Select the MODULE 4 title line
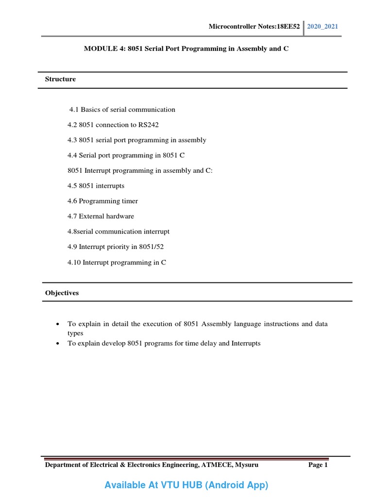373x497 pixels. click(183, 50)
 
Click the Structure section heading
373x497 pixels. click(60, 79)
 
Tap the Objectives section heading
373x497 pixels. click(62, 293)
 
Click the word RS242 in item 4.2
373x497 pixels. click(149, 125)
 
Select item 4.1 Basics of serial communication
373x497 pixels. click(122, 110)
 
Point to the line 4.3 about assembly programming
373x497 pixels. click(136, 140)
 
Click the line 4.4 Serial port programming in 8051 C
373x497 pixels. click(126, 155)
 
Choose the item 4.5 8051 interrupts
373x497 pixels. click(96, 186)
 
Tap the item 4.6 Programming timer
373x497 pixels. click(102, 201)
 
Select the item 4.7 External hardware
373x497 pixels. click(101, 216)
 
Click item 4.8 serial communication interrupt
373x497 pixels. click(119, 232)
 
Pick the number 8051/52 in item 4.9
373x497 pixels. click(151, 247)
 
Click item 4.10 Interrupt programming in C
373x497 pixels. click(117, 263)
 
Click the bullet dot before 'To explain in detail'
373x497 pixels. click(58, 324)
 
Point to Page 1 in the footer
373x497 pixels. click(318, 465)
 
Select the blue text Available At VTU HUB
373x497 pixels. click(186, 485)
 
